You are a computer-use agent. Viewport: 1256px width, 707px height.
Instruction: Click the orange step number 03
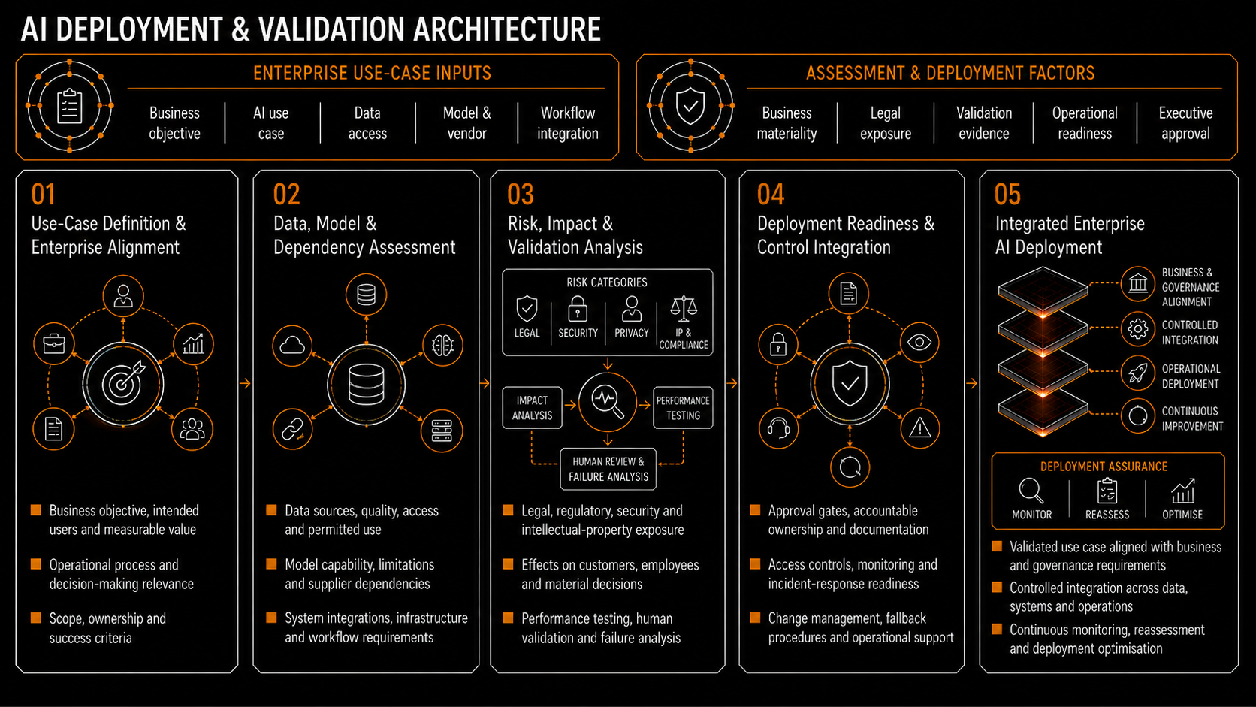521,195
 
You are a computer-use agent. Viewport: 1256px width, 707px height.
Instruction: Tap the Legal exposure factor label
886,123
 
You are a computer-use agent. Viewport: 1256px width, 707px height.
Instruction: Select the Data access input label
367,123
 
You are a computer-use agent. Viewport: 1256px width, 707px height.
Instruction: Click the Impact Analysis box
532,408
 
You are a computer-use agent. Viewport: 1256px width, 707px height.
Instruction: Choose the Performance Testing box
683,408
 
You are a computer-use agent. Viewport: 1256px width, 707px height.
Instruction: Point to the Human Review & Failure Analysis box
608,469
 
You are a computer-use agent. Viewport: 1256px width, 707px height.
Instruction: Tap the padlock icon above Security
578,309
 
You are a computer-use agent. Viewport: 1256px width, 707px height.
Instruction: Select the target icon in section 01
123,384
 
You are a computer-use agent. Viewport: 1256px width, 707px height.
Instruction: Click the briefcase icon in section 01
54,343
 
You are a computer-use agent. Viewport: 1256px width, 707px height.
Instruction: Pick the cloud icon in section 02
292,346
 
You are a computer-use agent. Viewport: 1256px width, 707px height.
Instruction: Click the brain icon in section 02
442,346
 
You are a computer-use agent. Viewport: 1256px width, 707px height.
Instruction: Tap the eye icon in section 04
919,342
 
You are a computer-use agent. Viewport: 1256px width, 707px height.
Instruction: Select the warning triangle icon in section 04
919,429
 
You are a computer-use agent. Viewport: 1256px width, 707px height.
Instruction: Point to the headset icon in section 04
778,429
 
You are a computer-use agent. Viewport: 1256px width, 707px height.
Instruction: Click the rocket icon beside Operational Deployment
1138,373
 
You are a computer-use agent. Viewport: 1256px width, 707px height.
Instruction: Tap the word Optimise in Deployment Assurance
1182,514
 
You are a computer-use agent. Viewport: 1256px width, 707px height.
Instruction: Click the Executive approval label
1185,123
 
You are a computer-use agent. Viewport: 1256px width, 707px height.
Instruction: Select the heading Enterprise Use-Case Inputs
373,73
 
